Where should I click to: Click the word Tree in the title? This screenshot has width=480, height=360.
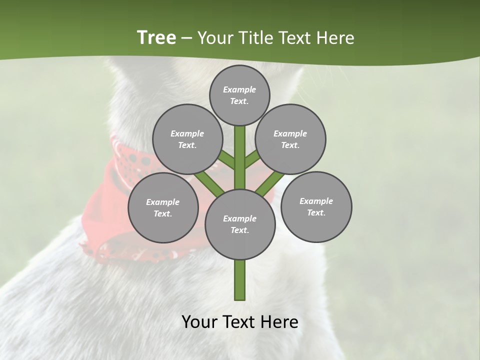156,38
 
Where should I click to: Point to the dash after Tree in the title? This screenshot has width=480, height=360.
186,38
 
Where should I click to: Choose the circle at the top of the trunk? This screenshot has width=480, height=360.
239,95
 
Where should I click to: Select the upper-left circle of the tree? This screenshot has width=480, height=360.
187,139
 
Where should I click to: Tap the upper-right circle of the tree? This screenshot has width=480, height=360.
290,139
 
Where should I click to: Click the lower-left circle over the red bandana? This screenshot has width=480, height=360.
163,207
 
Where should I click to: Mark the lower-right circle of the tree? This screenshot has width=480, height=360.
316,206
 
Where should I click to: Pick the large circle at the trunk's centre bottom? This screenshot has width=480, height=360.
240,224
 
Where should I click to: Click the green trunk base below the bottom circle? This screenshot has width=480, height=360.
240,280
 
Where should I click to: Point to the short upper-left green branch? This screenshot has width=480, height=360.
227,160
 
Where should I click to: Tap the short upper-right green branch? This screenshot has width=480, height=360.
251,159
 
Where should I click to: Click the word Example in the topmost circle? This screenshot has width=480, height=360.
239,89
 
